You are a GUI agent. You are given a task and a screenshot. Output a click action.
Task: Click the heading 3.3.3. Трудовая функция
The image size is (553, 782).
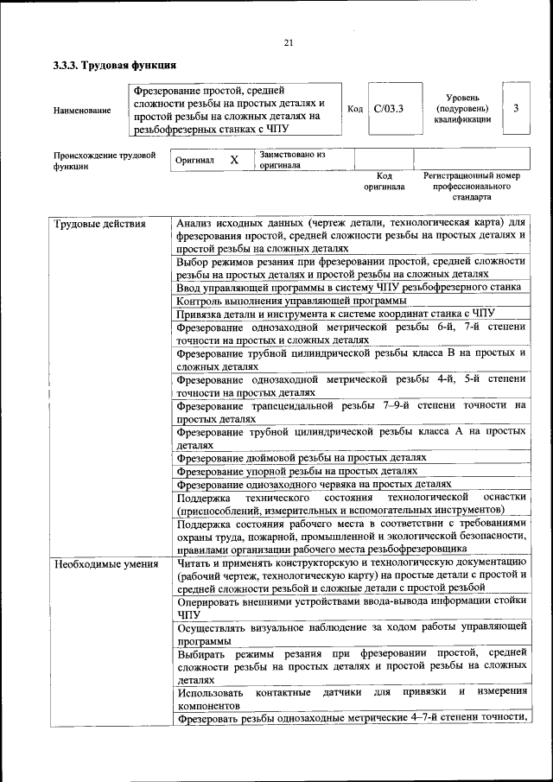(115, 65)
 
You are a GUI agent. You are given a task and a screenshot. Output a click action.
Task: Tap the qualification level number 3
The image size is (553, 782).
(516, 108)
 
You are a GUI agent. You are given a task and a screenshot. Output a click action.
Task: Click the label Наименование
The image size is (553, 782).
(82, 111)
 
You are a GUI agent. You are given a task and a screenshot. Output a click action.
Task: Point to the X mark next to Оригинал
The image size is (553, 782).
(233, 160)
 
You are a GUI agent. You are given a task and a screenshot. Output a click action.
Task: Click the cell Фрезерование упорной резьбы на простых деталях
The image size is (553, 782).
(297, 471)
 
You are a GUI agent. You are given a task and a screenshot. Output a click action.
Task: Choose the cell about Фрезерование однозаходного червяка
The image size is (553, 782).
(314, 485)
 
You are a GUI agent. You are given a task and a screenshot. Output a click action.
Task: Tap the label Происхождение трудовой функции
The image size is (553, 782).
(105, 161)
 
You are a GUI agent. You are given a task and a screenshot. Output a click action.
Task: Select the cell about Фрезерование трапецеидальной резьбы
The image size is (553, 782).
(351, 411)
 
